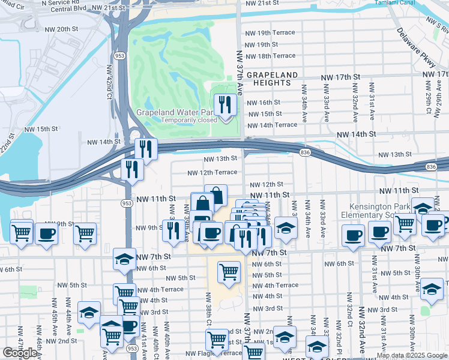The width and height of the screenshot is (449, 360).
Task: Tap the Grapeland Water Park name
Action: [x=175, y=112]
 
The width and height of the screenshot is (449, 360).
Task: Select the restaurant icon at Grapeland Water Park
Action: [x=226, y=106]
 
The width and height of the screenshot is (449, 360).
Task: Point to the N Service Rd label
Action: [x=61, y=3]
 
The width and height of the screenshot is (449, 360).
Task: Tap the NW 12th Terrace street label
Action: [x=212, y=172]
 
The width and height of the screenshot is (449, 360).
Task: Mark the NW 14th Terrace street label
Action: [x=273, y=125]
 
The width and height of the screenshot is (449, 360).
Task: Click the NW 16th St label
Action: [x=264, y=103]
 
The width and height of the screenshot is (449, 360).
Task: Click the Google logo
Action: [x=20, y=353]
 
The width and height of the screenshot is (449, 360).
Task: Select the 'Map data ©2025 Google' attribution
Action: [x=412, y=355]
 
